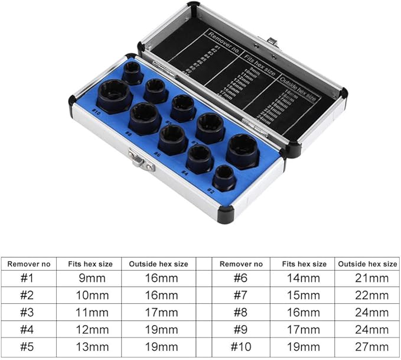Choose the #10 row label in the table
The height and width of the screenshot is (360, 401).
click(x=241, y=346)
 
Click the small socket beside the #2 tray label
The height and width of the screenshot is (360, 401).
click(x=224, y=177)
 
